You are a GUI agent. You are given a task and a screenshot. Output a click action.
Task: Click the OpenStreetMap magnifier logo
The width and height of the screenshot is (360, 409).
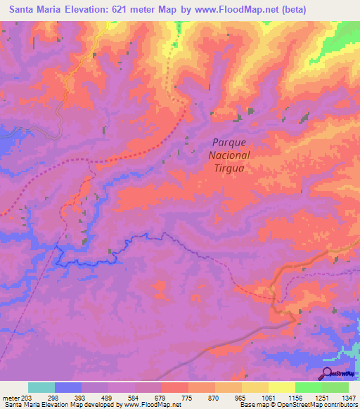tap(327, 372)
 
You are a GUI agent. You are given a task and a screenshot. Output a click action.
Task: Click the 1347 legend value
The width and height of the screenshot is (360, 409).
tap(349, 398)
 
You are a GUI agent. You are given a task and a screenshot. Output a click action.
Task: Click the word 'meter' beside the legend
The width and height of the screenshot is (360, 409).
tap(11, 398)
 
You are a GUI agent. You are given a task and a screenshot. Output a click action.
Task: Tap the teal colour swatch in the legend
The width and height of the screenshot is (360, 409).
tap(41, 387)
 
